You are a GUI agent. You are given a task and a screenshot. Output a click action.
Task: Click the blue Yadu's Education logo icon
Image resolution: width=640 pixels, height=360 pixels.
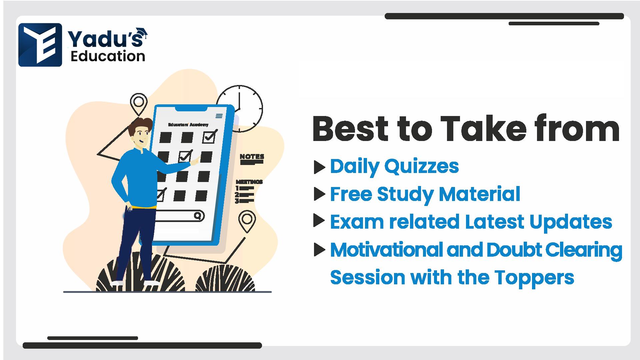coord(40,45)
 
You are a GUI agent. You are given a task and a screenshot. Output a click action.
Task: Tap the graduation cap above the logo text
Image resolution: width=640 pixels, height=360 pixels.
coord(142,33)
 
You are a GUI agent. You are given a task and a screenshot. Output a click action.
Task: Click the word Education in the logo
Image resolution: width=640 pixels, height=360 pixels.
coord(108,56)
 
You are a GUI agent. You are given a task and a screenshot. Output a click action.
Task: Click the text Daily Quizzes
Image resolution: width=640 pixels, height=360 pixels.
coord(394,166)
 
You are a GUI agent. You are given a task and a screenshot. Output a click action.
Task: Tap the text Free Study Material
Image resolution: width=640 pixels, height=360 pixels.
coord(425,194)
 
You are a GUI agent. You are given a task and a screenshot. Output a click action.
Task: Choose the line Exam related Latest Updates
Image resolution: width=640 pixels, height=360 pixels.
coord(471,222)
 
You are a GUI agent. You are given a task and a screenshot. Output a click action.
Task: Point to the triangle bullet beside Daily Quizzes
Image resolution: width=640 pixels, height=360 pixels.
coord(319,167)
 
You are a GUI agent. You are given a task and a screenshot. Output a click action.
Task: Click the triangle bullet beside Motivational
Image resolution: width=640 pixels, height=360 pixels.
coord(319,250)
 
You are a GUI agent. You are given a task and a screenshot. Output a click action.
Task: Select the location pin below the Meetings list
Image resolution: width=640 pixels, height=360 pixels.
coord(247,221)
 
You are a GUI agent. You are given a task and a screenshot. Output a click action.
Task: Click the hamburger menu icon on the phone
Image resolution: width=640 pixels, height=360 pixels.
coord(219,116)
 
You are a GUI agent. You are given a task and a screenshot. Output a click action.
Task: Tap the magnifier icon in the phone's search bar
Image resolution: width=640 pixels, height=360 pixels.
coord(198,216)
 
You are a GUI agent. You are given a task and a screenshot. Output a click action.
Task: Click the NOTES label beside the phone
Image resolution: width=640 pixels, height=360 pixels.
coord(252,156)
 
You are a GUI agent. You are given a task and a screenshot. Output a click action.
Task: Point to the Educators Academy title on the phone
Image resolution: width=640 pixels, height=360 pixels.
coord(188,125)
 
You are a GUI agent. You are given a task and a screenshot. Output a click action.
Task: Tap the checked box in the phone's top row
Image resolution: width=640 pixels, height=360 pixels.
coord(210,136)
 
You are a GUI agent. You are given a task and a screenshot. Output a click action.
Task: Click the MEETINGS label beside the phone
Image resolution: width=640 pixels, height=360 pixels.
coord(249,182)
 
